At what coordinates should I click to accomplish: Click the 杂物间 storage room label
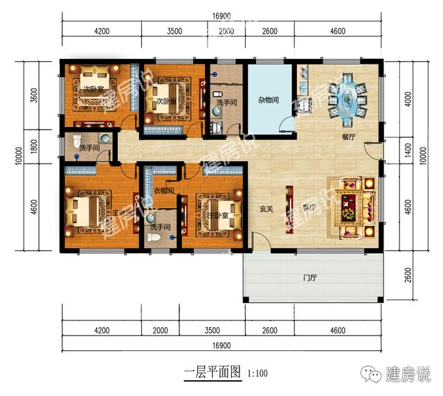[269, 100]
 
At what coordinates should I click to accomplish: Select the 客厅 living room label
[309, 207]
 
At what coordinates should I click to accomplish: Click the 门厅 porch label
[309, 277]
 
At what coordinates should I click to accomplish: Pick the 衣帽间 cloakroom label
[163, 189]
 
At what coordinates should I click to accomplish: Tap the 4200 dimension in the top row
[102, 31]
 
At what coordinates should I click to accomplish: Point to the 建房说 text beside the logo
[409, 375]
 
